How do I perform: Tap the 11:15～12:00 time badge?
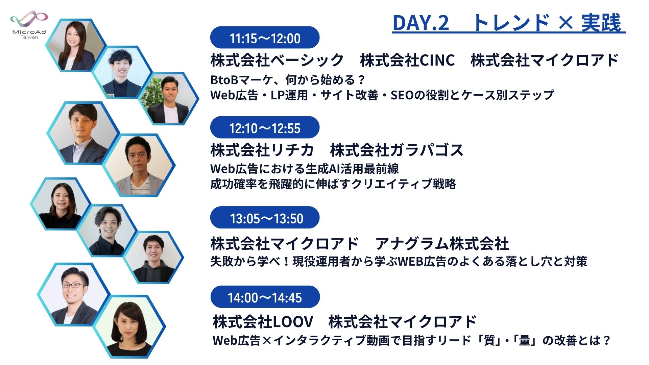[265, 38]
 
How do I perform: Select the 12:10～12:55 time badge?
[265, 128]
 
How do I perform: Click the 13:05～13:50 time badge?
[265, 218]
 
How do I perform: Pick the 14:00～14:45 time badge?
[265, 297]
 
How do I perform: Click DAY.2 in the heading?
[420, 23]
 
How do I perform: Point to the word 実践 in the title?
[601, 23]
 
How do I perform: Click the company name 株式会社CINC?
[407, 60]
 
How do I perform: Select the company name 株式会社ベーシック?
[277, 60]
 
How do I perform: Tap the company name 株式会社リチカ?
[262, 150]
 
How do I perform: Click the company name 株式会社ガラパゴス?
[396, 150]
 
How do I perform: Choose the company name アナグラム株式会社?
[442, 243]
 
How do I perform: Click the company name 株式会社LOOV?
[263, 321]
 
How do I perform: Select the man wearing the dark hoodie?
[153, 259]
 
